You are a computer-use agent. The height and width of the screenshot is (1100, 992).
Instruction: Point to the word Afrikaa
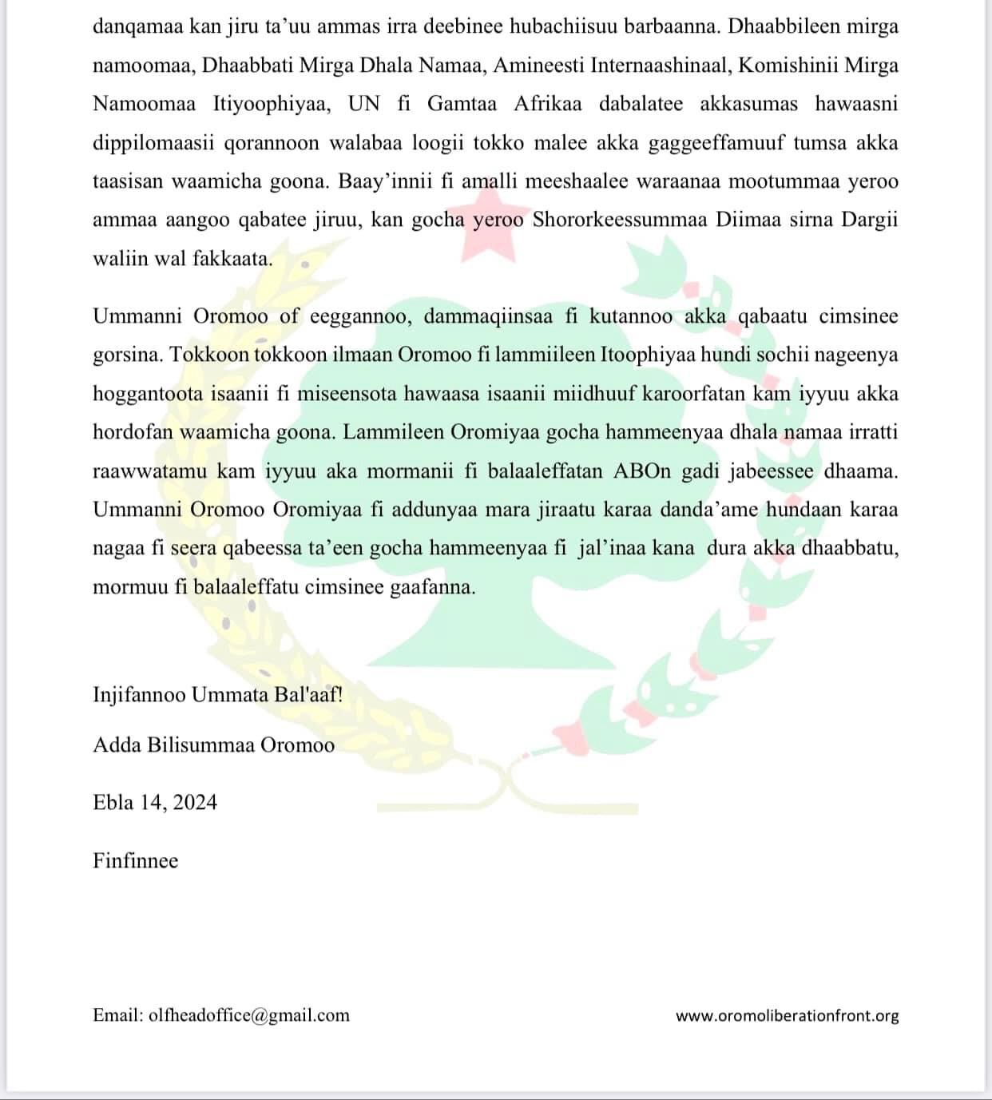pos(547,104)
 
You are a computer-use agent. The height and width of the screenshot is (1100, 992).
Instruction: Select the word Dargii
pos(870,220)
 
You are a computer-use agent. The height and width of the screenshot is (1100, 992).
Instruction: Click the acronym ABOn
pos(642,471)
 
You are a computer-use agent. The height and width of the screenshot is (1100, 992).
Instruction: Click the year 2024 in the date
pos(194,802)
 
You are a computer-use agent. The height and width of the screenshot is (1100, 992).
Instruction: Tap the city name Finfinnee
pos(136,860)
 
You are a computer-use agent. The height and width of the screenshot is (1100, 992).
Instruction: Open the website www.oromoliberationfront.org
pos(787,1016)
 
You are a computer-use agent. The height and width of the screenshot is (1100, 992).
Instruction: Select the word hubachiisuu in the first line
pos(592,26)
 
